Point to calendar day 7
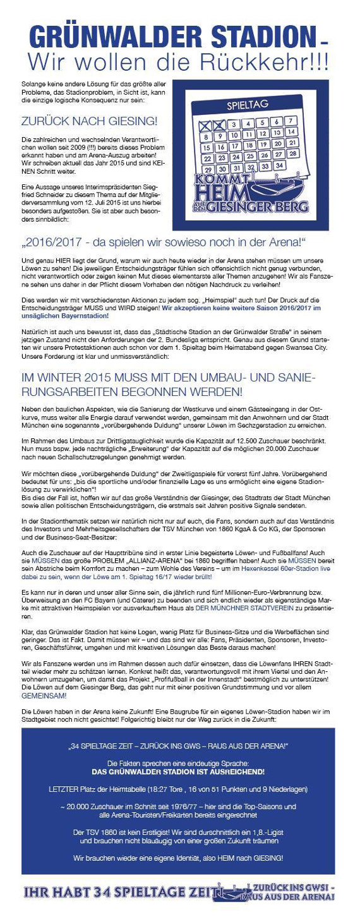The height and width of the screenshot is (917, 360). pos(289,121)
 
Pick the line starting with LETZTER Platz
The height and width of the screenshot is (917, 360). pos(177,789)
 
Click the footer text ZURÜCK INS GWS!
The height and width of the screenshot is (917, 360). pos(291,887)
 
